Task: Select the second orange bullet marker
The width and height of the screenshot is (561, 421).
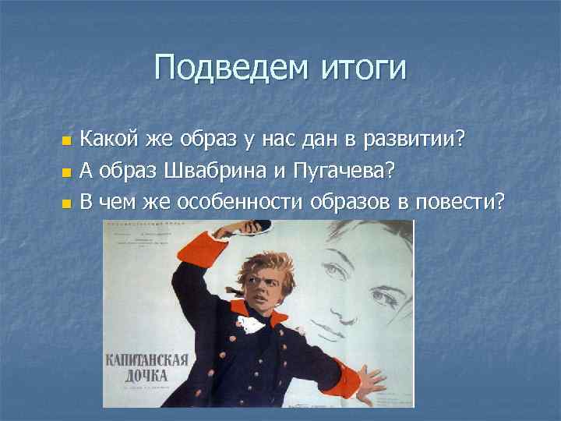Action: (x=66, y=173)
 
